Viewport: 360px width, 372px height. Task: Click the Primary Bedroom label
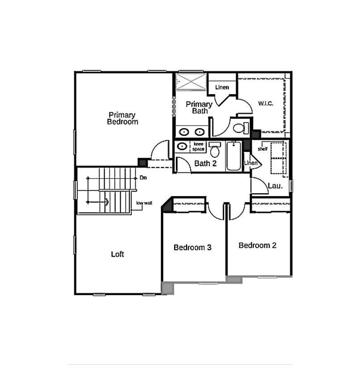tap(122, 118)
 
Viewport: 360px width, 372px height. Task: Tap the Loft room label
tap(117, 255)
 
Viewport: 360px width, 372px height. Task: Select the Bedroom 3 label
tap(193, 247)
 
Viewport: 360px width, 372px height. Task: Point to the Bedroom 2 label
tap(257, 245)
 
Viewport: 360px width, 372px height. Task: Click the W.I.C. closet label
tap(265, 104)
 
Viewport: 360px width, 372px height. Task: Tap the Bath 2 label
tap(205, 163)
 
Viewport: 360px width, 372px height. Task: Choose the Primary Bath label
tap(199, 107)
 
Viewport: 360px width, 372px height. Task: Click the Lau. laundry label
tap(275, 185)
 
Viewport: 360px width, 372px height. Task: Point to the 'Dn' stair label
tap(143, 178)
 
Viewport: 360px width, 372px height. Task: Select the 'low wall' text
tap(144, 203)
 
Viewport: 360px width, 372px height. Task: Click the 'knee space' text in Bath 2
tap(198, 146)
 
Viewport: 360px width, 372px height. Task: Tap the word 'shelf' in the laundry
tap(263, 149)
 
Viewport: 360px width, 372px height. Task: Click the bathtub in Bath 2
tap(234, 156)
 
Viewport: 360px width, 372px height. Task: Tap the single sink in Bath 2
tap(182, 146)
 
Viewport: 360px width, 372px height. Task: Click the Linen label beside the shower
tap(222, 87)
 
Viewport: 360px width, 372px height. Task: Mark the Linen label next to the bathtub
tap(251, 163)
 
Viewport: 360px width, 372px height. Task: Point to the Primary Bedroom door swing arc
tap(159, 150)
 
